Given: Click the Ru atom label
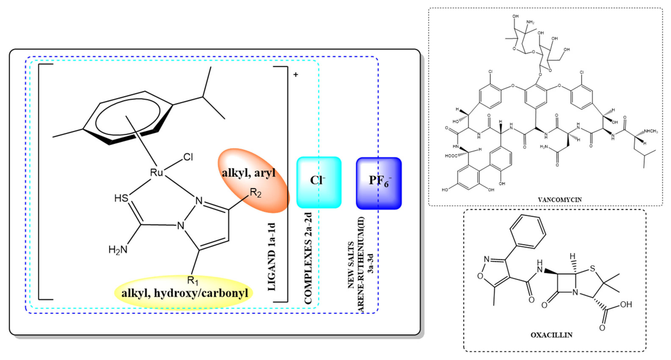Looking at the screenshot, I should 156,172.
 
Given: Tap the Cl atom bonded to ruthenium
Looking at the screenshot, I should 188,157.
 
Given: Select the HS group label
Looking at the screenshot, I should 121,198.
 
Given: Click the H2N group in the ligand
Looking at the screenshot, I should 118,250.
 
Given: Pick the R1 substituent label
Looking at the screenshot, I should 193,280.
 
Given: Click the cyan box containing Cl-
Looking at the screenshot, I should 319,182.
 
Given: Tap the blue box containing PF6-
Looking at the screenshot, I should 379,183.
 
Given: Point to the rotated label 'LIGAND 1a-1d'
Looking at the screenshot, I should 271,257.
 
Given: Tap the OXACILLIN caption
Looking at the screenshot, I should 551,335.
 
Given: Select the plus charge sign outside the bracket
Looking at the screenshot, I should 295,75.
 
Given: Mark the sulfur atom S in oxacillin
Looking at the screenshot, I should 592,269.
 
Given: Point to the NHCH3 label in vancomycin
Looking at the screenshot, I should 650,131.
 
